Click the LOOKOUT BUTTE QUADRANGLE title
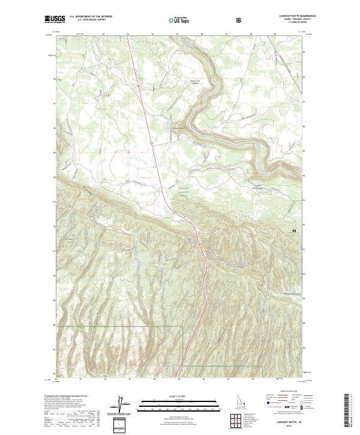289,16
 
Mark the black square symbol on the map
294,230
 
